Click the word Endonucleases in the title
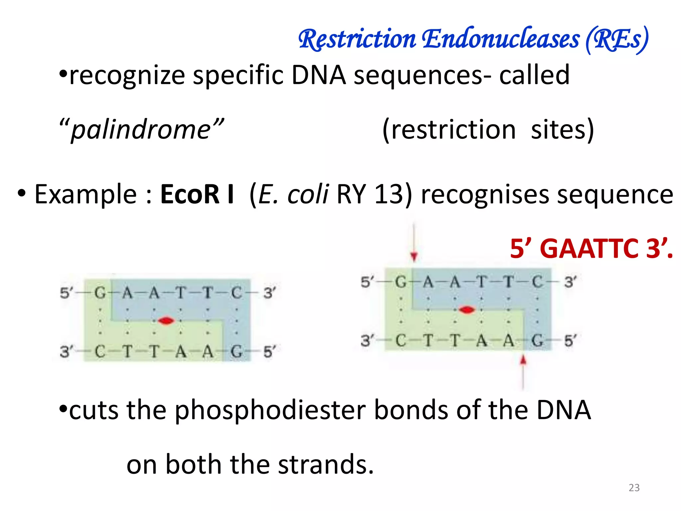[501, 39]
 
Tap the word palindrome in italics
[141, 129]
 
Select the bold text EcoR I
[197, 194]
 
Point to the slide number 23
[634, 487]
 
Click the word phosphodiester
[270, 410]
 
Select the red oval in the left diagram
[166, 321]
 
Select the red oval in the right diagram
[467, 310]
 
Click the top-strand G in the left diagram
[100, 293]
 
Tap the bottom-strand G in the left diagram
[236, 351]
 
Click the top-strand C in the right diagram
[537, 282]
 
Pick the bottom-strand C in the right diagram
[401, 341]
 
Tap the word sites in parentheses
[562, 129]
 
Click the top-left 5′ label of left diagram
[66, 293]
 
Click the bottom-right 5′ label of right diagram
[570, 341]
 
